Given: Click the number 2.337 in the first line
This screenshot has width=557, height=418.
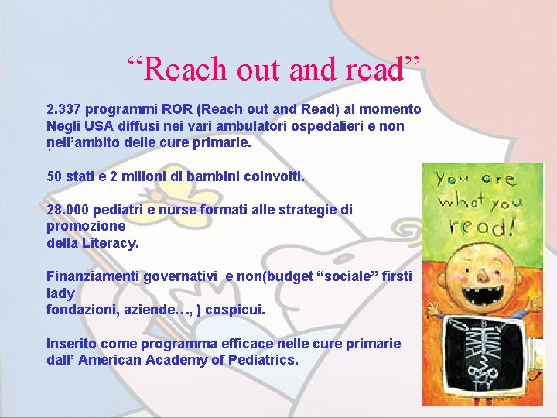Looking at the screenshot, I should point(65,109).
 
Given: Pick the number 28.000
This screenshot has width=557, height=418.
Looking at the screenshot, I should point(67,210).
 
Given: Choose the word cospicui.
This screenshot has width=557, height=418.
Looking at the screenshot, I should point(235,310).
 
